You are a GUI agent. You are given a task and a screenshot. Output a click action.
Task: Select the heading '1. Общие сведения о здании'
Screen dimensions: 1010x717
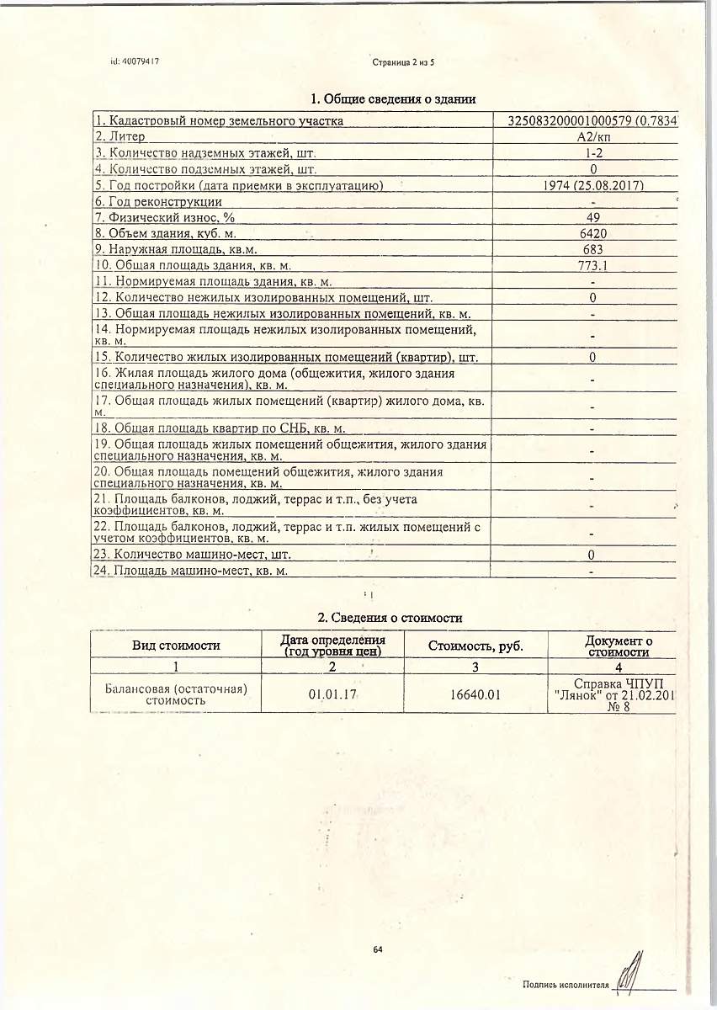tap(394, 99)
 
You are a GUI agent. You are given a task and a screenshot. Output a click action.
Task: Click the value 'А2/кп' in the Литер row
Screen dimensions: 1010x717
tap(592, 136)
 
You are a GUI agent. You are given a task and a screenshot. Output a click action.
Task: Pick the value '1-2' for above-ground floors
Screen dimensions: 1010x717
tap(593, 153)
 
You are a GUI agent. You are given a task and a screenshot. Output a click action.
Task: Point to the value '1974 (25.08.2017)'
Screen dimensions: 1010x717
tap(593, 185)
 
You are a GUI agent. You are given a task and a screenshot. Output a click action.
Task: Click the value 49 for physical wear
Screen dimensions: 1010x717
tap(592, 217)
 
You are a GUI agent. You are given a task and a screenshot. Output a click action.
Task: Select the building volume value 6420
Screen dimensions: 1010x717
tap(592, 234)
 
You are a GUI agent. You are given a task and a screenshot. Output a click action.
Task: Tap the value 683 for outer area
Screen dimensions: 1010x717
tap(592, 250)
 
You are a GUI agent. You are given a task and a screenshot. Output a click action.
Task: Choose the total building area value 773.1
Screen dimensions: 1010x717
tap(592, 266)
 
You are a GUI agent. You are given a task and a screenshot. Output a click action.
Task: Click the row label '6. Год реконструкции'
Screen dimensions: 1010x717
tap(158, 201)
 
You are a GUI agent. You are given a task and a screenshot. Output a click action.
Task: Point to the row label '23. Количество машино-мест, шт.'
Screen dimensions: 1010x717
tap(193, 555)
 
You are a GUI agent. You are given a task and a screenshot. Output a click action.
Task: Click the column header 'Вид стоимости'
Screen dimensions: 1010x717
tap(176, 646)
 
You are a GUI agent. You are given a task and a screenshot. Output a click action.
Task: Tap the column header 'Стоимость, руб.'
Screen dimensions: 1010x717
tap(475, 646)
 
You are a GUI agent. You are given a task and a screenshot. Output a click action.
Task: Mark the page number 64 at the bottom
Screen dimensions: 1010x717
tap(377, 950)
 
